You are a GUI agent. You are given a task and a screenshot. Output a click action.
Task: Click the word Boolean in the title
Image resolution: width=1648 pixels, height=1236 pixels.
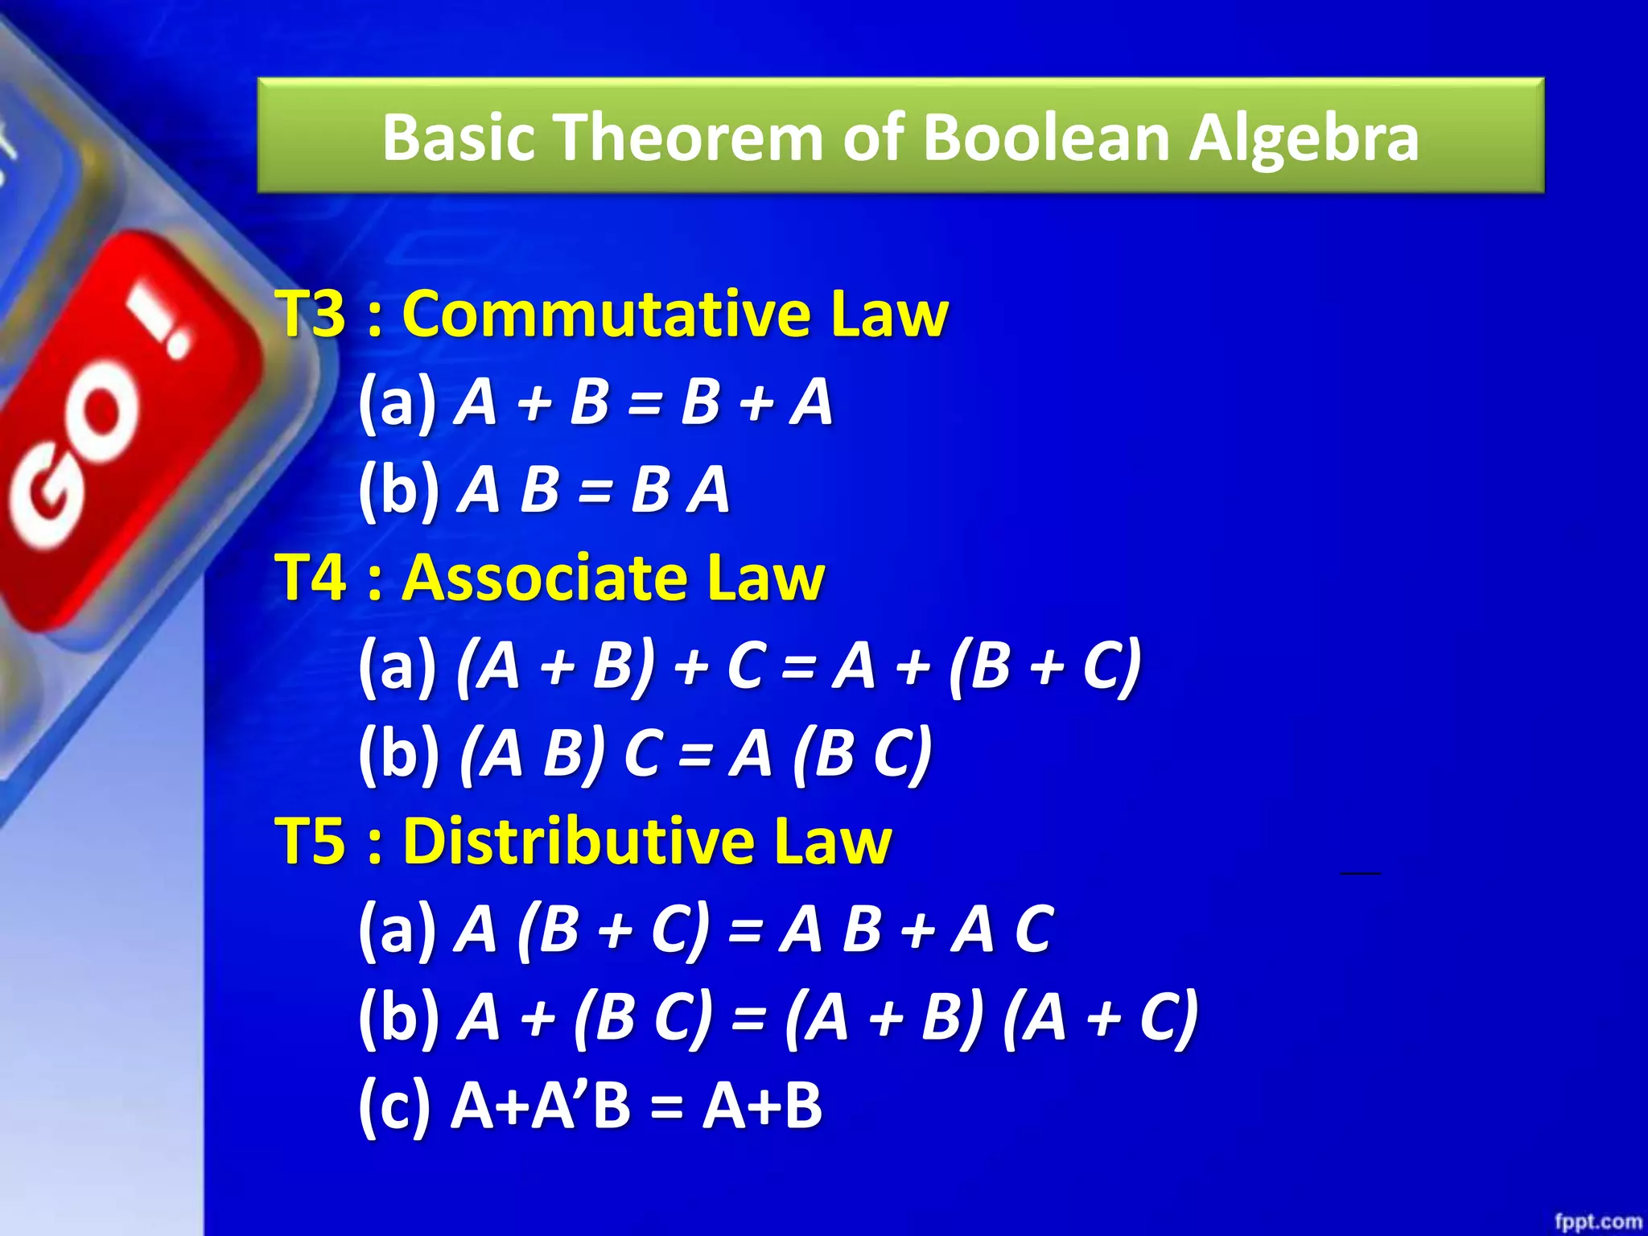pos(1046,137)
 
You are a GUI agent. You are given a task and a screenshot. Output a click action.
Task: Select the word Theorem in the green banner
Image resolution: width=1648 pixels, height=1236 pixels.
pos(691,137)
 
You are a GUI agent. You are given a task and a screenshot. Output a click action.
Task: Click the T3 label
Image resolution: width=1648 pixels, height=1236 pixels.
pos(311,313)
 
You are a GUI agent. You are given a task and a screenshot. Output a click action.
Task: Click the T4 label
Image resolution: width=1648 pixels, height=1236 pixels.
pos(311,577)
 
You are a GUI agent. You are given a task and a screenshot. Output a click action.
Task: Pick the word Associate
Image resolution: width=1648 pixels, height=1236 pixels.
pos(546,577)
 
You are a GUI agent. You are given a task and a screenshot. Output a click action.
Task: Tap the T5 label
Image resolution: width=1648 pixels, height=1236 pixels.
pos(311,841)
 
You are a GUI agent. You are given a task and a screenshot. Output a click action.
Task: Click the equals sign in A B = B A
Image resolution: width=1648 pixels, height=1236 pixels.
pos(595,490)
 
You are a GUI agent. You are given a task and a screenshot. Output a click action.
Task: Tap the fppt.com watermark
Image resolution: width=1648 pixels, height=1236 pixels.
pos(1596,1222)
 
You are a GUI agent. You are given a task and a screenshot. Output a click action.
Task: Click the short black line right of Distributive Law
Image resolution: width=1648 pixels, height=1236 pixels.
pos(1360,872)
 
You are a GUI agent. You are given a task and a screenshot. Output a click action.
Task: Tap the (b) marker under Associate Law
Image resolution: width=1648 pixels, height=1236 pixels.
pos(399,754)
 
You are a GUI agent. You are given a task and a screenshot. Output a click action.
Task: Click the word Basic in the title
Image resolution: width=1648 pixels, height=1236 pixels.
pos(458,137)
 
